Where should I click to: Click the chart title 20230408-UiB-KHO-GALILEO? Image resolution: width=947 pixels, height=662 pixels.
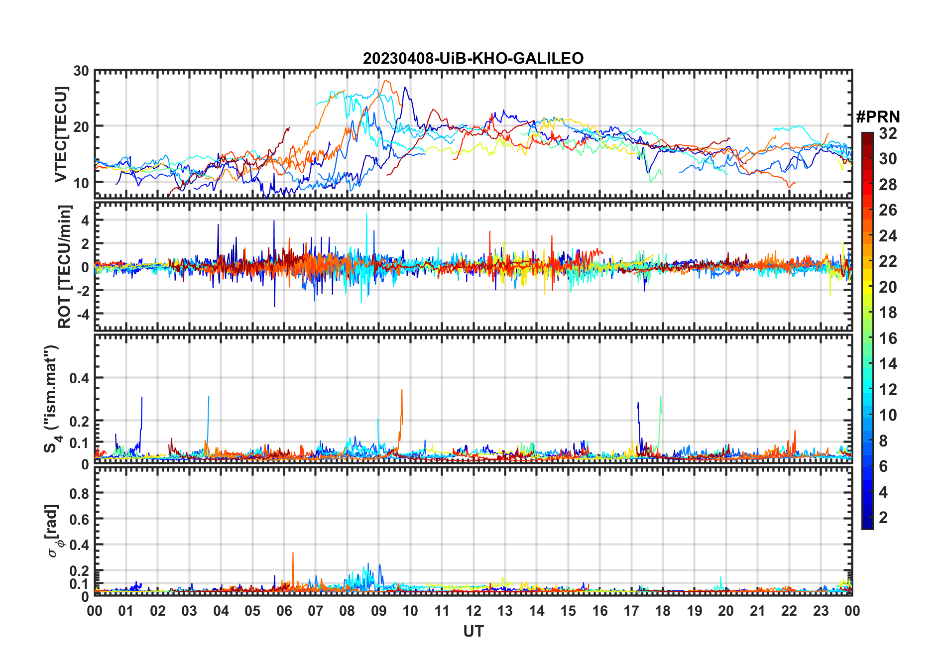473,59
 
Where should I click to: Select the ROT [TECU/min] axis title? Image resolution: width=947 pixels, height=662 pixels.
65,266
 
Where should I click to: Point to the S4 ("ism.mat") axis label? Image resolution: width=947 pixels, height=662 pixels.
51,399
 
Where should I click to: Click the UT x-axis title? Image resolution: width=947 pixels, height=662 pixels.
473,632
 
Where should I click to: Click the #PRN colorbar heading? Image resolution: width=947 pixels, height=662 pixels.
878,117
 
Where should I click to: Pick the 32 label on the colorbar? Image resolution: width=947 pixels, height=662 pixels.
888,133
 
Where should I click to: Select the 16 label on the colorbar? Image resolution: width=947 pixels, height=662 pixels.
888,338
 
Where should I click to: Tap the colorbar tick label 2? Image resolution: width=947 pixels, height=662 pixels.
883,518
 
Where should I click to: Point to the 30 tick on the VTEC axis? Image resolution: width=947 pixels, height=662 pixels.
81,71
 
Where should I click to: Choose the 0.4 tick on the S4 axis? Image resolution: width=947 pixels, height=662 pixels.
79,378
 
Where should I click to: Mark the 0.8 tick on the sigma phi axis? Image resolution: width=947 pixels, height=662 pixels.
79,493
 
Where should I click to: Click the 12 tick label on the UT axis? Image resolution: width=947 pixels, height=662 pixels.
473,611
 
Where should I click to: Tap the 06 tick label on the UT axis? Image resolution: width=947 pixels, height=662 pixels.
284,611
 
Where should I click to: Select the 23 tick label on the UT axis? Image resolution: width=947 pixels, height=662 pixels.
820,611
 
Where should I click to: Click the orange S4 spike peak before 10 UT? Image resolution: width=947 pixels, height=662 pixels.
402,390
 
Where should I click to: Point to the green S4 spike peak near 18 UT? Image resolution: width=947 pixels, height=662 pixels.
660,397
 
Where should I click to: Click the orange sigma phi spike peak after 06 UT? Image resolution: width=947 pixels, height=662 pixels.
293,553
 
